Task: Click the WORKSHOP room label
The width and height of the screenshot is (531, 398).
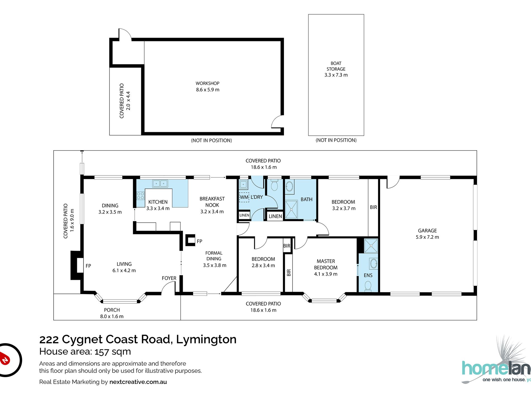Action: pyautogui.click(x=207, y=83)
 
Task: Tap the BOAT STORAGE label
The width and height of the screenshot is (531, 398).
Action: pyautogui.click(x=336, y=66)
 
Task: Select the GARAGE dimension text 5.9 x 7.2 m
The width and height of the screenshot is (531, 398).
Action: pyautogui.click(x=427, y=237)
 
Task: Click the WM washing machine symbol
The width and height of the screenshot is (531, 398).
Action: pyautogui.click(x=244, y=197)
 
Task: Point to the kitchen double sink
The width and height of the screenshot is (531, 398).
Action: pyautogui.click(x=160, y=183)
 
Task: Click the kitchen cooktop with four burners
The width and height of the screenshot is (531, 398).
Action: pyautogui.click(x=140, y=196)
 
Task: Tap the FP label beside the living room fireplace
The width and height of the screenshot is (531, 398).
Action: pyautogui.click(x=88, y=266)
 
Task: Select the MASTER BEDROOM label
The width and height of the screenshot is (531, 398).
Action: pyautogui.click(x=326, y=264)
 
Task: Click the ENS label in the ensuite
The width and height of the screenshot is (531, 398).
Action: pyautogui.click(x=368, y=275)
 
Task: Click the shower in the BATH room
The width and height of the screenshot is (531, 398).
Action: pyautogui.click(x=291, y=209)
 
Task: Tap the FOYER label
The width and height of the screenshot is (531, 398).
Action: pyautogui.click(x=169, y=278)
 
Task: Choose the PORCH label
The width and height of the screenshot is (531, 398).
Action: pyautogui.click(x=112, y=310)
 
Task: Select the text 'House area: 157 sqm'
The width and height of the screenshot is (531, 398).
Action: pyautogui.click(x=85, y=352)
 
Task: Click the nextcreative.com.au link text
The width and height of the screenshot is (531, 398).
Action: pyautogui.click(x=138, y=382)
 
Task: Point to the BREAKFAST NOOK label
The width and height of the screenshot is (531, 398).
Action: pyautogui.click(x=212, y=202)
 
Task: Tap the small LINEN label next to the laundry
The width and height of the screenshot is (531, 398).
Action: pyautogui.click(x=244, y=215)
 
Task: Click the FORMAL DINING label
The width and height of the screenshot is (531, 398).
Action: pyautogui.click(x=214, y=256)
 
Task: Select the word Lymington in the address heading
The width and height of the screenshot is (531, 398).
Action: pyautogui.click(x=206, y=340)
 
